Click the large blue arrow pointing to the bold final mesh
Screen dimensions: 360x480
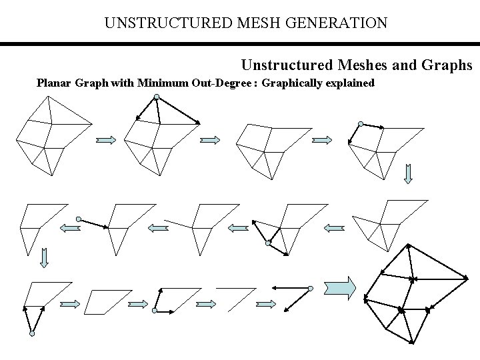tap(340, 288)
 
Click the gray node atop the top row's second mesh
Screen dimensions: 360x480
tap(155, 97)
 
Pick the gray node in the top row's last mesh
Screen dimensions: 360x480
tap(360, 124)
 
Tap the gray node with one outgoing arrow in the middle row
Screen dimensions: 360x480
tap(79, 219)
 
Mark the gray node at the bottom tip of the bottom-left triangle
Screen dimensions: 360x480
tap(31, 333)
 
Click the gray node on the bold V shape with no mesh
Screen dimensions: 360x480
tap(311, 288)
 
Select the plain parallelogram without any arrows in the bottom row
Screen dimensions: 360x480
tap(105, 301)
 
